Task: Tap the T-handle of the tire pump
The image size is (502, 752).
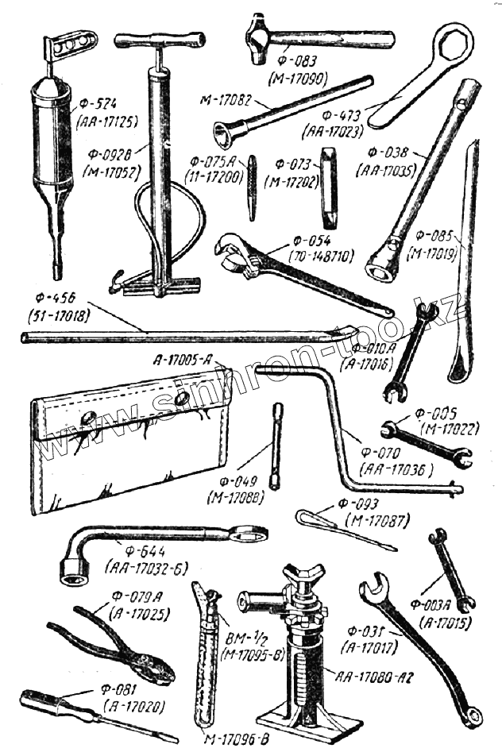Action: pyautogui.click(x=158, y=40)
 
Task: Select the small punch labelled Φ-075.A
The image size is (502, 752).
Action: pyautogui.click(x=251, y=187)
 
